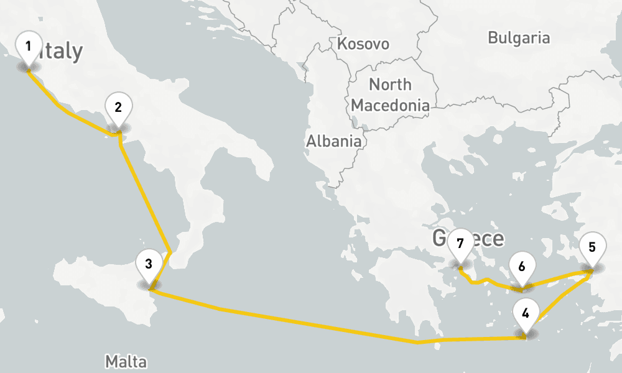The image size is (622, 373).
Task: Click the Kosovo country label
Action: [363, 44]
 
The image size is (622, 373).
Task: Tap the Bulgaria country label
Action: [519, 38]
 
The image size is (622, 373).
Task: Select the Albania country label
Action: [333, 141]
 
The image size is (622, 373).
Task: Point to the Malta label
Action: [126, 361]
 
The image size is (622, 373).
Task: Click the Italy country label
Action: [61, 52]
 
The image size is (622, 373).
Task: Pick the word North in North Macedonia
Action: [390, 85]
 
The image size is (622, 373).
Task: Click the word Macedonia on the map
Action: [390, 106]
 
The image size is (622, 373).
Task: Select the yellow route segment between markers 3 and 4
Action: [311, 323]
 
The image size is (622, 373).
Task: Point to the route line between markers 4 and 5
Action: [560, 303]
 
